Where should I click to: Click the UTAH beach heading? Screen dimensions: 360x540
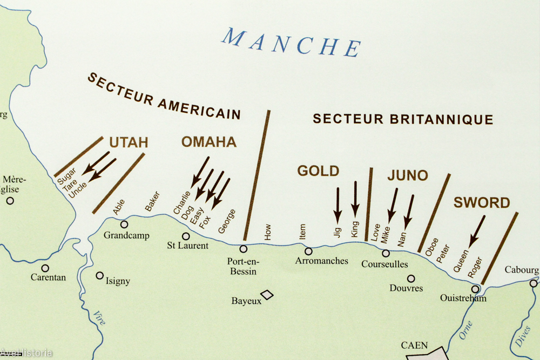(x=129, y=142)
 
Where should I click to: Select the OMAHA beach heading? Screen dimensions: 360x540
(x=208, y=142)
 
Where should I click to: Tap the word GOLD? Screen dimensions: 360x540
(x=318, y=171)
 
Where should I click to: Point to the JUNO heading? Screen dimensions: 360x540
(x=407, y=175)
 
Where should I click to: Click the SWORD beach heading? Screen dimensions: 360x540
(x=481, y=203)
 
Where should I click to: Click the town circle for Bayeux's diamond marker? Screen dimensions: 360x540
(x=267, y=294)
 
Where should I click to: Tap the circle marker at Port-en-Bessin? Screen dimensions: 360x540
(x=244, y=249)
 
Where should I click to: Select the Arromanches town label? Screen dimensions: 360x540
(x=321, y=261)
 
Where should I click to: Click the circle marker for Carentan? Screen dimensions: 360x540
(x=45, y=268)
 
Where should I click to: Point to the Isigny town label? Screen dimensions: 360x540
(x=117, y=281)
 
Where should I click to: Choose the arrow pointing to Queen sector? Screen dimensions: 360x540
(x=476, y=231)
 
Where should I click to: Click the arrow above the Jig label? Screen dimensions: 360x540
(x=337, y=205)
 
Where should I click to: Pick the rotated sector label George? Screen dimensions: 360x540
(x=227, y=221)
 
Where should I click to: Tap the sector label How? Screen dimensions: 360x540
(x=268, y=232)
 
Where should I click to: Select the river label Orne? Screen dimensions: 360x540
(x=467, y=329)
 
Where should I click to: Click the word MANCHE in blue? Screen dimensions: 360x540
(x=292, y=42)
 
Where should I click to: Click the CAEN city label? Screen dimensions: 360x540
(x=414, y=345)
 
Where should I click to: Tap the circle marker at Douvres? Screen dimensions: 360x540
(x=411, y=279)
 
